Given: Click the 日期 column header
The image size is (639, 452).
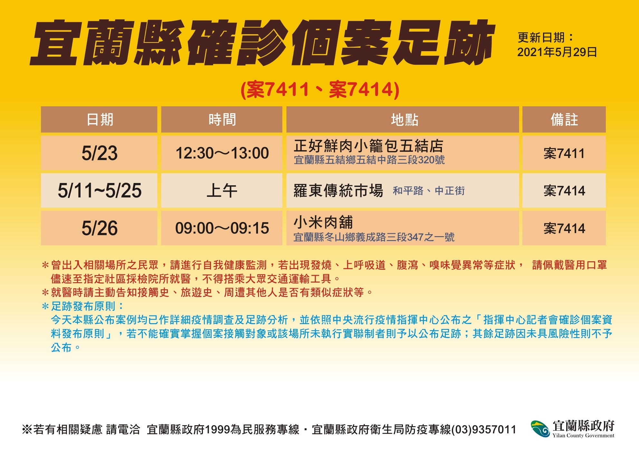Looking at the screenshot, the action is [x=100, y=120].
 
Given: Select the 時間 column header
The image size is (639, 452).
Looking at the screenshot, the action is [x=222, y=120].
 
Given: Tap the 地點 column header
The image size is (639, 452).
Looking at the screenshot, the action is [x=405, y=120].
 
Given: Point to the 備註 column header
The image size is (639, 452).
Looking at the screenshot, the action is [x=564, y=120].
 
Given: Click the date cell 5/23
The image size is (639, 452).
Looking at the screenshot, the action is [x=100, y=153].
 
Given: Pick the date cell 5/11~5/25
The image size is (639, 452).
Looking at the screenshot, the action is [x=100, y=190].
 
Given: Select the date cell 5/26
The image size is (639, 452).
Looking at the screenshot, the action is [x=100, y=228].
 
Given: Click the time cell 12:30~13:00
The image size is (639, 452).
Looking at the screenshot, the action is [x=222, y=153].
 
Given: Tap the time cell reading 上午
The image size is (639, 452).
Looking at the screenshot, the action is [x=222, y=190].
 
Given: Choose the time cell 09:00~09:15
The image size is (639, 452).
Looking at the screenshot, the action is [x=222, y=228].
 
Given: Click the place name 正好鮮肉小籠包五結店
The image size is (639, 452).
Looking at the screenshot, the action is [x=368, y=146].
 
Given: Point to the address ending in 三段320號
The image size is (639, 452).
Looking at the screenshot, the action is [x=369, y=160].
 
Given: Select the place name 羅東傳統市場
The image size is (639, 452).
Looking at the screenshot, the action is [x=338, y=190].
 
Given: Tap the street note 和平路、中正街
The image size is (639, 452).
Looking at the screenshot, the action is [x=429, y=191].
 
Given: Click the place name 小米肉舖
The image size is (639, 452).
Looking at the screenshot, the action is [x=323, y=222].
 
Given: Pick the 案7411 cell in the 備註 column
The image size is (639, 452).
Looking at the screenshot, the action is [x=564, y=153].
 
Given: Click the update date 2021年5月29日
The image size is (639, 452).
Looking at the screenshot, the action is [x=557, y=52].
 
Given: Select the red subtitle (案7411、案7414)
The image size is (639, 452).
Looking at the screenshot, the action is [x=320, y=89].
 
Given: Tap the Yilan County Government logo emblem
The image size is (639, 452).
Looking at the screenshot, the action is [x=540, y=429].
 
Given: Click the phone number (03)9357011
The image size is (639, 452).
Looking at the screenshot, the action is [x=484, y=429].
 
